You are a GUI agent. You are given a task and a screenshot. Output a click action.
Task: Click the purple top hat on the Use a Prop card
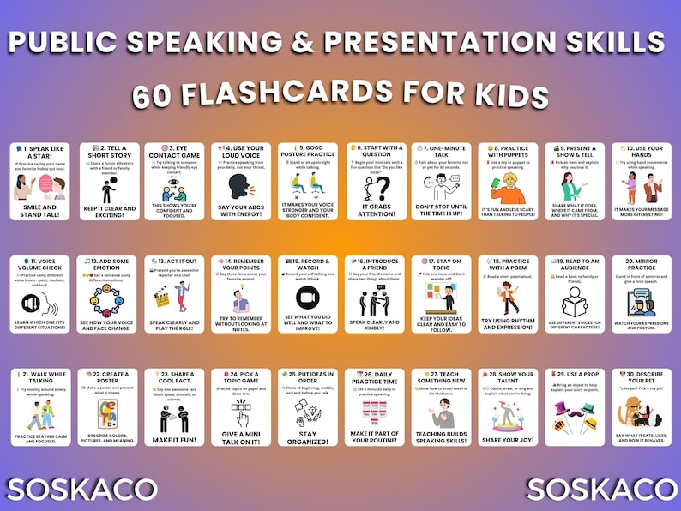click(x=562, y=411)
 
